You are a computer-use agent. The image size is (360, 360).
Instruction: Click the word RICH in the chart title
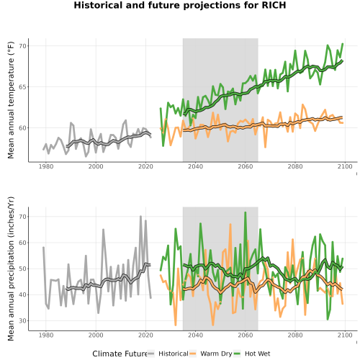(x=274, y=5)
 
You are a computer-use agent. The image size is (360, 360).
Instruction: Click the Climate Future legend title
(x=120, y=354)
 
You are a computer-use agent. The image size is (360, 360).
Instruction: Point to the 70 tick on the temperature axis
(x=22, y=46)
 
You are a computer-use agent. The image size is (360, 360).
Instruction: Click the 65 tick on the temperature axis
(x=22, y=87)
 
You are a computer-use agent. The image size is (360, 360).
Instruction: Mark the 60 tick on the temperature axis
(x=22, y=128)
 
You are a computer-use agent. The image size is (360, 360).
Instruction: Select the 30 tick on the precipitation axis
(x=22, y=320)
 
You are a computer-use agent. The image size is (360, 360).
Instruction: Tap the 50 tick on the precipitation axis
(x=22, y=269)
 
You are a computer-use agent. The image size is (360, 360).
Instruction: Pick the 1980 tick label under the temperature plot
(x=46, y=166)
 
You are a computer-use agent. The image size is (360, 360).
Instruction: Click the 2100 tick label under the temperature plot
(x=345, y=166)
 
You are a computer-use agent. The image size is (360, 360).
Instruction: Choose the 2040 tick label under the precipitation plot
(x=195, y=335)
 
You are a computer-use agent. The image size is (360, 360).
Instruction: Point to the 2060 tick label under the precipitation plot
(x=246, y=335)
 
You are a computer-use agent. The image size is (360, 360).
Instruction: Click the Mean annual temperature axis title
(x=11, y=100)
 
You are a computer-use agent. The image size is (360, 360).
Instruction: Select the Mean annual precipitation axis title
(x=11, y=269)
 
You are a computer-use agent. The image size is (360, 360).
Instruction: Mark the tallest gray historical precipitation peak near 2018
(x=141, y=216)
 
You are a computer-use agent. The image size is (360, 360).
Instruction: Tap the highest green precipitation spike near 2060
(x=246, y=212)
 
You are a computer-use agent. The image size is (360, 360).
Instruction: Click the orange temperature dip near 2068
(x=265, y=147)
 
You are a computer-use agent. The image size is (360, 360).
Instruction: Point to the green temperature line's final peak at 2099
(x=343, y=44)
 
